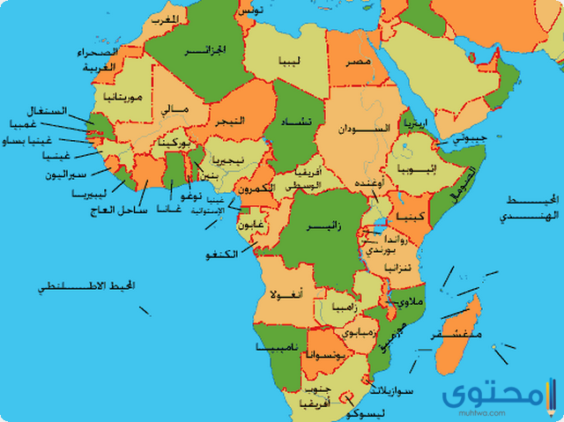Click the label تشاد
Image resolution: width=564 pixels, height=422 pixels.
(295, 126)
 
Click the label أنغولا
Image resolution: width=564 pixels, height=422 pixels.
(288, 293)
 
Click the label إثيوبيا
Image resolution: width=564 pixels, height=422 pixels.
(414, 167)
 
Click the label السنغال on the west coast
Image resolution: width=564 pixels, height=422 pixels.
(48, 110)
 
